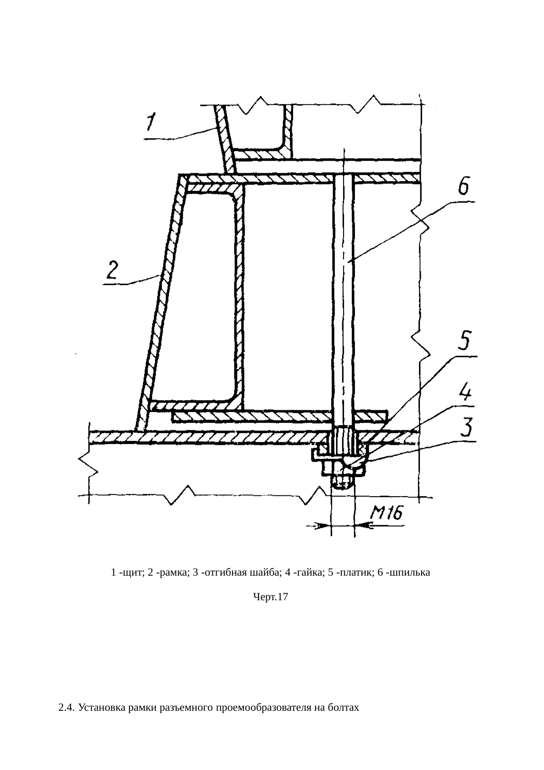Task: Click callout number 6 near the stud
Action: pos(463,186)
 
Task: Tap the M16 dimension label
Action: pos(387,513)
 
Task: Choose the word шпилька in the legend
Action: pos(411,573)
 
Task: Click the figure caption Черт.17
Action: pos(271,597)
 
